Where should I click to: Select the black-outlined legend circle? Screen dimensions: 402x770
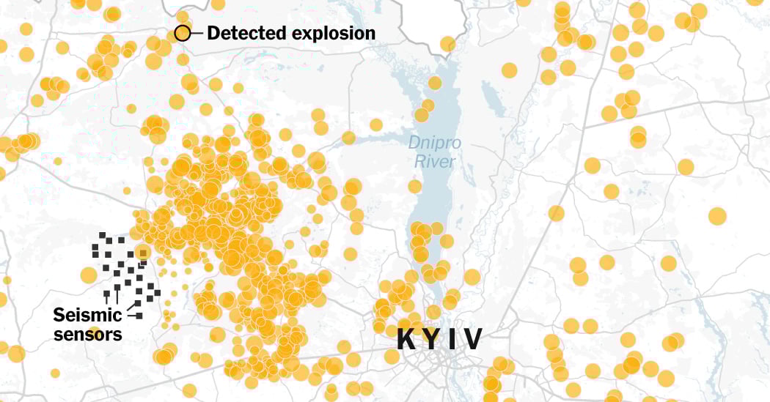(x=182, y=33)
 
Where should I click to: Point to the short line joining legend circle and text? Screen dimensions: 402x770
(x=197, y=33)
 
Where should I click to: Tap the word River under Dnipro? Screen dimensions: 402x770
(x=435, y=162)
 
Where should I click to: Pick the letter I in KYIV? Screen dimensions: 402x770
(x=453, y=340)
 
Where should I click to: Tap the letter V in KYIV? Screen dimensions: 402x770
(x=473, y=340)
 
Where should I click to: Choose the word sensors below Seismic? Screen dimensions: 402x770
(x=87, y=335)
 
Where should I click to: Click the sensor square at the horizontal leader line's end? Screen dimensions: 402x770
(x=139, y=316)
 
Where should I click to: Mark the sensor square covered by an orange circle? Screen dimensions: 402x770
(x=143, y=253)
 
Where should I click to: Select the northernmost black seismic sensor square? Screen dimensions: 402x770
(x=103, y=235)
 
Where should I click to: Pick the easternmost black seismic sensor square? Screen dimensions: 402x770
(x=157, y=293)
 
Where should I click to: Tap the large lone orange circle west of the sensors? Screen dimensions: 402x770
(x=88, y=275)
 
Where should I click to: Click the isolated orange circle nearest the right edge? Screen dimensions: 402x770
(x=717, y=216)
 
